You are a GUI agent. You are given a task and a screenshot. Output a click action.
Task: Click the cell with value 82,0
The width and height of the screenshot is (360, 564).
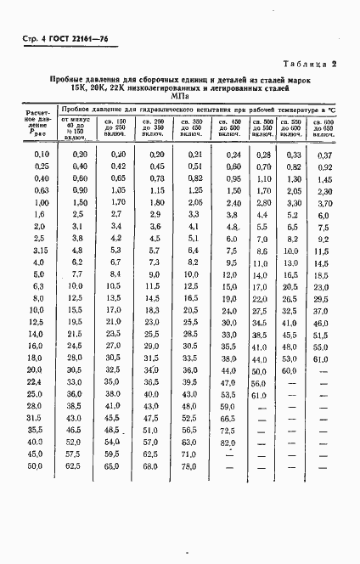[228, 443]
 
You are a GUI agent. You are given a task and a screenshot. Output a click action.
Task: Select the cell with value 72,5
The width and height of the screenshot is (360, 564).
[228, 431]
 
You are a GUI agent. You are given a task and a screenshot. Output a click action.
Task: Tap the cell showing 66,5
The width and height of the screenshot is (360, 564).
[228, 419]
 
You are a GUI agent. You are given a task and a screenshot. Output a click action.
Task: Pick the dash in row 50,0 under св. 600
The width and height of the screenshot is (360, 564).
[323, 466]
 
